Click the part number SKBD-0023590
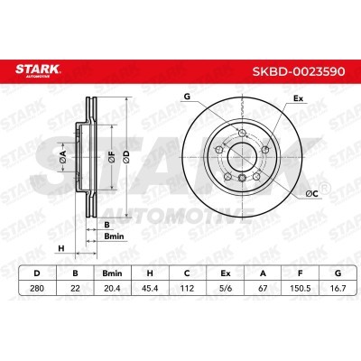point(299,71)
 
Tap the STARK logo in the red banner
point(38,70)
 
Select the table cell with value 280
point(37,288)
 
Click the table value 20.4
point(112,288)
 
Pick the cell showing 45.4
point(150,288)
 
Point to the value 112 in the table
point(187,288)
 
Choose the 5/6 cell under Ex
point(226,288)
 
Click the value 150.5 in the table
point(301,288)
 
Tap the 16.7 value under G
point(338,288)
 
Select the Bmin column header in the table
point(112,273)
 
